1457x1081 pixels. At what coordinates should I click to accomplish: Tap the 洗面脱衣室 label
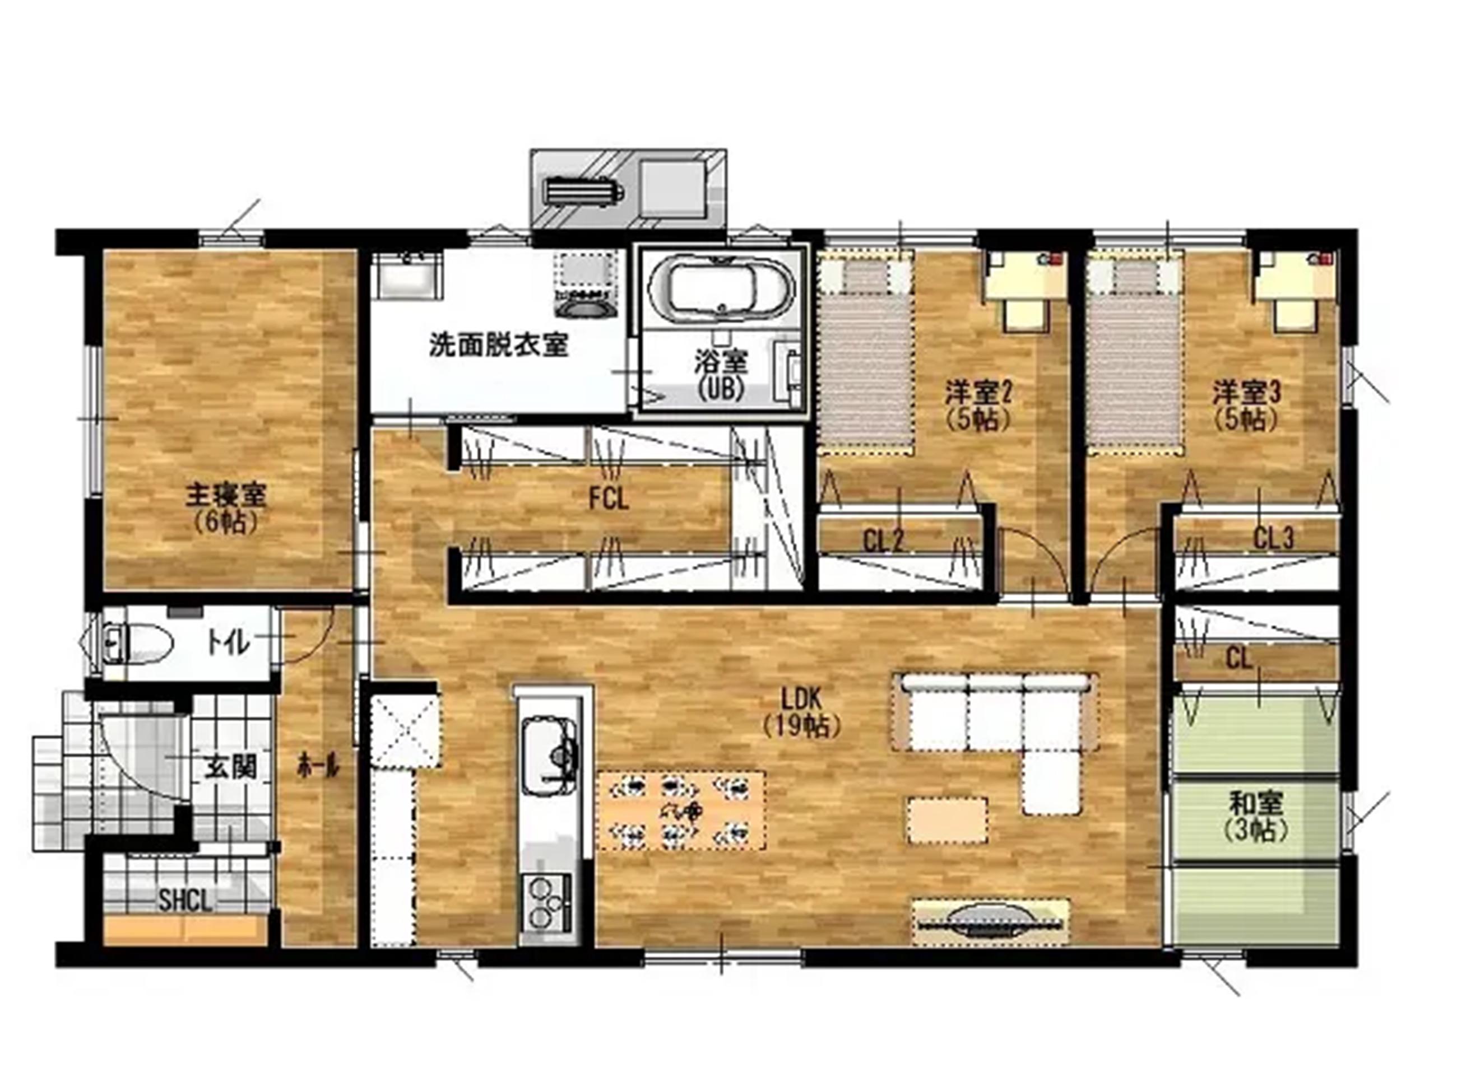coord(499,345)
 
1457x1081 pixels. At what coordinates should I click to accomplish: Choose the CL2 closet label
coord(883,541)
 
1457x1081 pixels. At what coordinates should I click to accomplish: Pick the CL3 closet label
coord(1274,538)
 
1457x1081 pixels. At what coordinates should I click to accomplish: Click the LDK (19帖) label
coord(801,712)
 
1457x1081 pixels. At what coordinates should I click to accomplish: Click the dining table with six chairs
coord(681,812)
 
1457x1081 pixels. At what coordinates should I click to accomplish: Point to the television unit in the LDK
coord(990,921)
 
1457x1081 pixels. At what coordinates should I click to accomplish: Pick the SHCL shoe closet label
coord(186,901)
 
